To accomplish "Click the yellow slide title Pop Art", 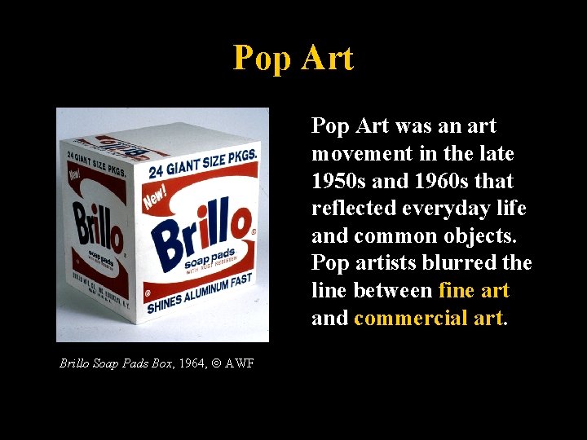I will coord(293,59).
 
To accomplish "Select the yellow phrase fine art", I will coord(474,291).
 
